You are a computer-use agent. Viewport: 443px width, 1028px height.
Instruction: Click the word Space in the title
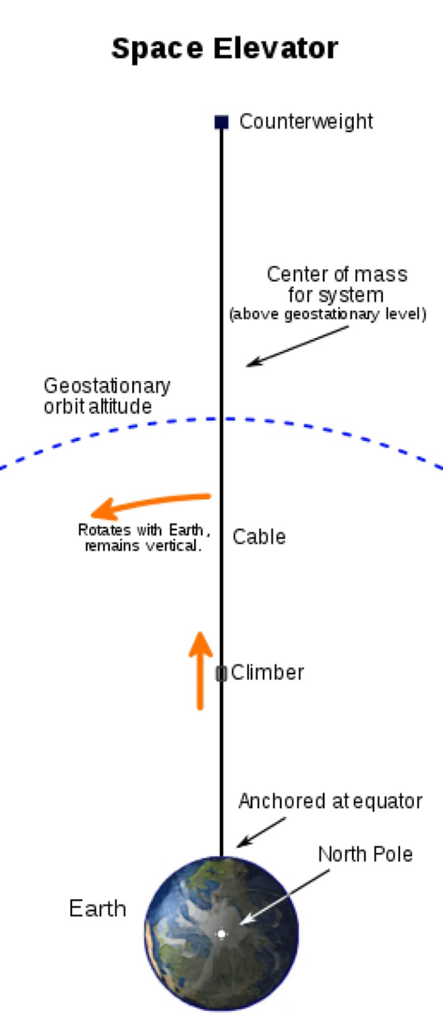157,49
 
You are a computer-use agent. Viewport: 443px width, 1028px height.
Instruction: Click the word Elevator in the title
276,49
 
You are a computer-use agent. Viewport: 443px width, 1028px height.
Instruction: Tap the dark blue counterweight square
221,122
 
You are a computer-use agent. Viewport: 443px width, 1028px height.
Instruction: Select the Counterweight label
306,121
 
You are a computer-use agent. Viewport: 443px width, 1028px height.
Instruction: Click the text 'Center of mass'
337,274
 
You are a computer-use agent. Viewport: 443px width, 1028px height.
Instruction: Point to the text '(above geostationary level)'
327,315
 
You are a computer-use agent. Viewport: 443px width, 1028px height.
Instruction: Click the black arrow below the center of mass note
297,347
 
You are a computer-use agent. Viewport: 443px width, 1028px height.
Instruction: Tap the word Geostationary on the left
107,386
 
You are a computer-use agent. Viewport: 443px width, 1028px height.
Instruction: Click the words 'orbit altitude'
97,406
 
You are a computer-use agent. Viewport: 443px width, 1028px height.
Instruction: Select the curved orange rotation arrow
148,503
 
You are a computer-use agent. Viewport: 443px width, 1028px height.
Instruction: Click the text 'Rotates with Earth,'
143,530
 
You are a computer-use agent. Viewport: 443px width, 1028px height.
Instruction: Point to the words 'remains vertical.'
143,546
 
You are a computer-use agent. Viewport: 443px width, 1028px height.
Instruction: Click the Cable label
259,537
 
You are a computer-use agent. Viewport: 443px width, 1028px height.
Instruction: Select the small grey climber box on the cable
221,673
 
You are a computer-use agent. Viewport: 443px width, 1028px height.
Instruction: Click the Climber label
268,672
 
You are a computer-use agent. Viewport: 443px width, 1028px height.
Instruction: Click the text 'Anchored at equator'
330,801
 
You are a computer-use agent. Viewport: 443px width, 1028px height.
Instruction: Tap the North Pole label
365,854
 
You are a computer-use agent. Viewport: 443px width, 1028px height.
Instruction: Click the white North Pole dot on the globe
221,934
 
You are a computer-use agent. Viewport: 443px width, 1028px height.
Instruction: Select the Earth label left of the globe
97,909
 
